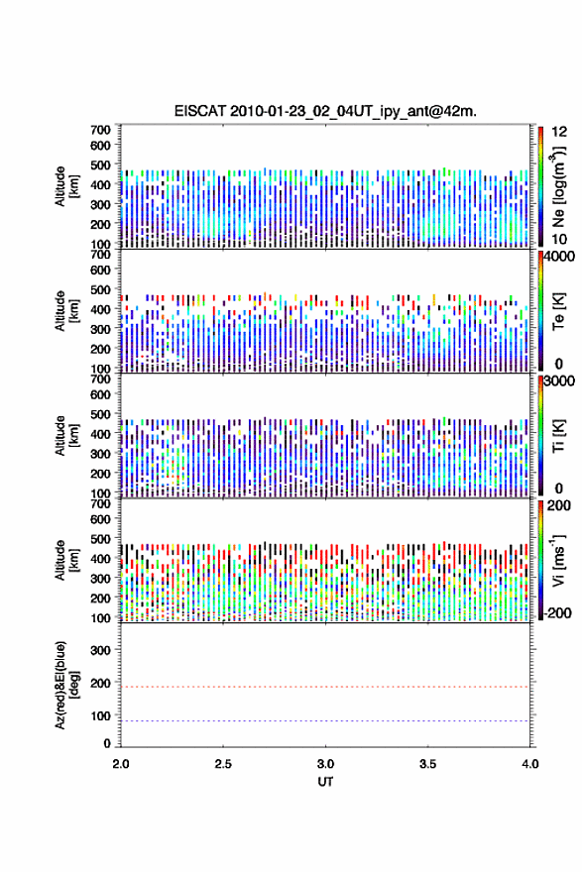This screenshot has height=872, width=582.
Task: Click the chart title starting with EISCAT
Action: [325, 111]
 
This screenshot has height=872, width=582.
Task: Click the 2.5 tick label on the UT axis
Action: [223, 764]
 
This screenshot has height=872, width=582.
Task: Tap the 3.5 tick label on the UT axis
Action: [428, 764]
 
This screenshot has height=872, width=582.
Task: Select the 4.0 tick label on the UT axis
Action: [530, 764]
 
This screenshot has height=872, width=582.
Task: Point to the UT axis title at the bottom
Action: [325, 782]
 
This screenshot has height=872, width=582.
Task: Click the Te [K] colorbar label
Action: [558, 311]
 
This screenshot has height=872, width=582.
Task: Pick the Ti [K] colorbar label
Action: [558, 437]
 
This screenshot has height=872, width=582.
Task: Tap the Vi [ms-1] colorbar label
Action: [558, 560]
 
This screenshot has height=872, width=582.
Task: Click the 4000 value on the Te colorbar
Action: [559, 257]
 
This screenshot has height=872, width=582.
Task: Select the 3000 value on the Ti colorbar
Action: [559, 381]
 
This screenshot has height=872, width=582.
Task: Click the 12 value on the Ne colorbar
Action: [559, 132]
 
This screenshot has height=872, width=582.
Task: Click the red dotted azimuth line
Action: [325, 687]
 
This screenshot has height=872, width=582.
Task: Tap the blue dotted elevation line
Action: [325, 720]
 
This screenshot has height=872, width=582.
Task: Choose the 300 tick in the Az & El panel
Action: [101, 650]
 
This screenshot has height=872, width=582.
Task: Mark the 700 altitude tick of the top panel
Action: [101, 130]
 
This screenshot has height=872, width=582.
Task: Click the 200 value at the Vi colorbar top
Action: [559, 505]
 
